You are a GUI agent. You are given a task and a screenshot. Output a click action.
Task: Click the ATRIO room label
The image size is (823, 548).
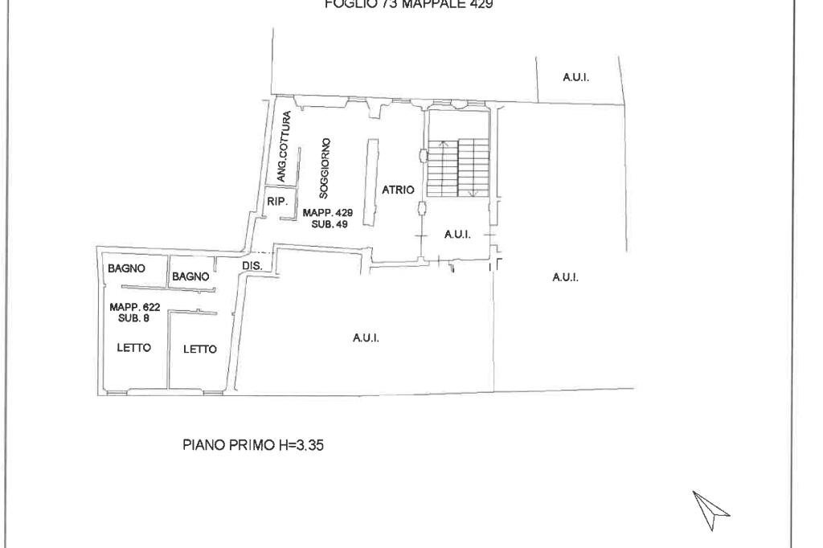399,190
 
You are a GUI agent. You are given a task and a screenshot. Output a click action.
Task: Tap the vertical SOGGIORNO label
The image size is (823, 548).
323,168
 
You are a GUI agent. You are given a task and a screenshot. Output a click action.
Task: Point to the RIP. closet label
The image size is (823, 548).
276,202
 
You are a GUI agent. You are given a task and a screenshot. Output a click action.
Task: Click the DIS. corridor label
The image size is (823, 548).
252,264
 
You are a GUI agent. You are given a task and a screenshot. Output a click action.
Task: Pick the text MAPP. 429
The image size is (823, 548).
328,212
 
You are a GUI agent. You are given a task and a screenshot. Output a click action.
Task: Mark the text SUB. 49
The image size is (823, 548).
328,223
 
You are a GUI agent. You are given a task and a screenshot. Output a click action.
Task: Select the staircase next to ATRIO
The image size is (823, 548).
458,167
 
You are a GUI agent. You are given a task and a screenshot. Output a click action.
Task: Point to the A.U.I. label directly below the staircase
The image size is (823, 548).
457,235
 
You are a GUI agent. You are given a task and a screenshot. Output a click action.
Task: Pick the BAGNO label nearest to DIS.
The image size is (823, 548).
190,276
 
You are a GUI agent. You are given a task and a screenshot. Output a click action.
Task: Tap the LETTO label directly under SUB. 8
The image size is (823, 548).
129,347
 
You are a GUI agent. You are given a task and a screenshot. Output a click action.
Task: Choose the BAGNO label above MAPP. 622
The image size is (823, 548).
126,268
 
